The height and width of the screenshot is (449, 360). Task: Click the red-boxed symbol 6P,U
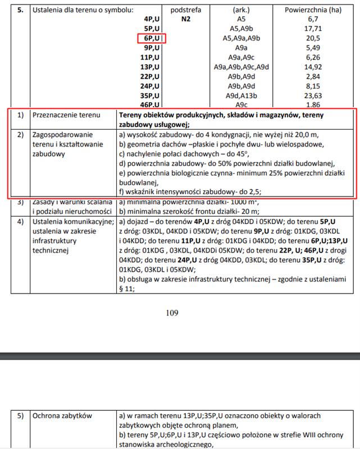coord(152,38)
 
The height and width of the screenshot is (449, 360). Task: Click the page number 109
coord(172,313)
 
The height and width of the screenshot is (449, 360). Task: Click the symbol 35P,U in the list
coord(151,95)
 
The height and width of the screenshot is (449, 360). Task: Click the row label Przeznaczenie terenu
coord(66,116)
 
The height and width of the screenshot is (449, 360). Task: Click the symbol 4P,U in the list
coord(152,19)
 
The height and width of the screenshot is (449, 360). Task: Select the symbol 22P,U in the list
coord(151,76)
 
